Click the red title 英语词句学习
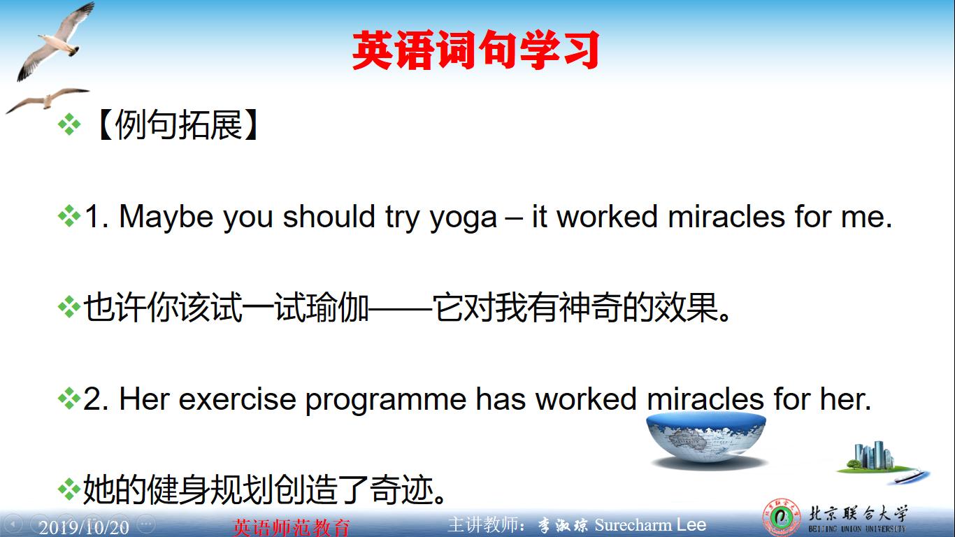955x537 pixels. pos(476,50)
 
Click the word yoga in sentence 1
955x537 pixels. pos(463,217)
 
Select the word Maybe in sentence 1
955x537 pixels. pos(166,217)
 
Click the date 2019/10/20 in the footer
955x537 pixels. pos(84,527)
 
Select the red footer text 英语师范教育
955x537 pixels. pos(291,527)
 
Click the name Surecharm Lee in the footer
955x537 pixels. pos(650,525)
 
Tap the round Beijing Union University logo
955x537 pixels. pos(781,520)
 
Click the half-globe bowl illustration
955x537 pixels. pos(706,438)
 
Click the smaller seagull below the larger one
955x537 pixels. pos(46,99)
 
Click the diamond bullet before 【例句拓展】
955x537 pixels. pos(69,126)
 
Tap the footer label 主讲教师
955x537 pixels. pos(487,525)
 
